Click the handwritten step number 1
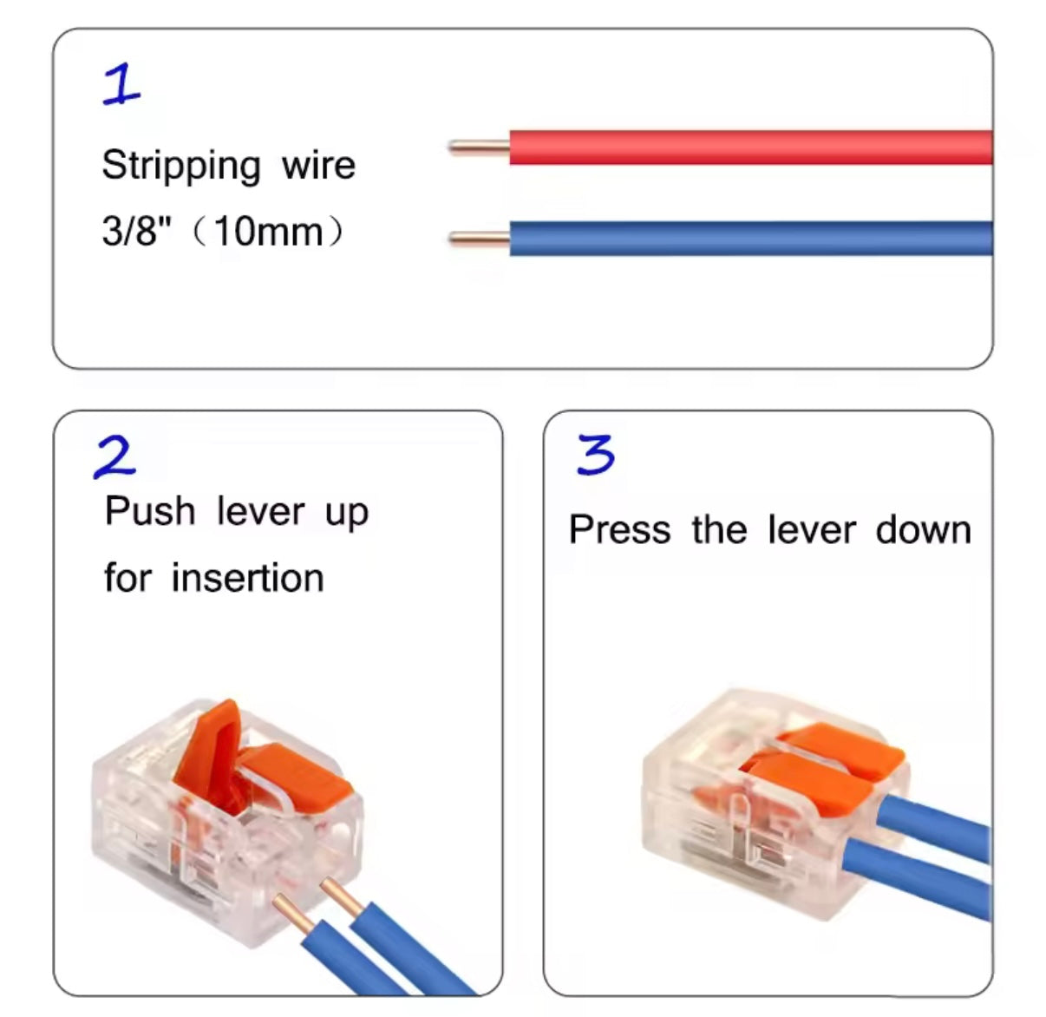click(121, 85)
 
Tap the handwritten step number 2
click(115, 456)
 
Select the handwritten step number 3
click(596, 455)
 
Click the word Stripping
click(180, 166)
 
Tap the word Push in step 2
click(149, 511)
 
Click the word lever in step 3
click(811, 529)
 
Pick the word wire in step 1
click(318, 165)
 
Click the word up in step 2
click(347, 513)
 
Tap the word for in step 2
click(127, 578)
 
